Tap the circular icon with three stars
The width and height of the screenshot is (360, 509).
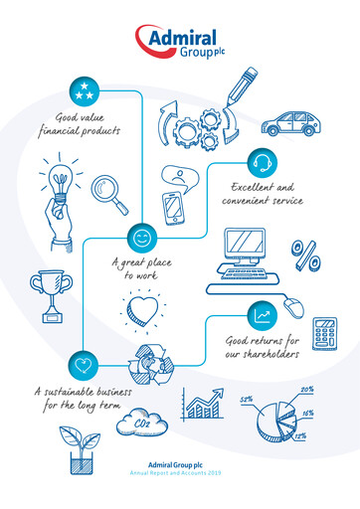pos(85,91)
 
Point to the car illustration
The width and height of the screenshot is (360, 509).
pos(290,123)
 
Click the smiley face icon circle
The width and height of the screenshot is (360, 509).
pos(141,238)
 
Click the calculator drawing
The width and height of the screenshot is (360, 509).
pos(323,334)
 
